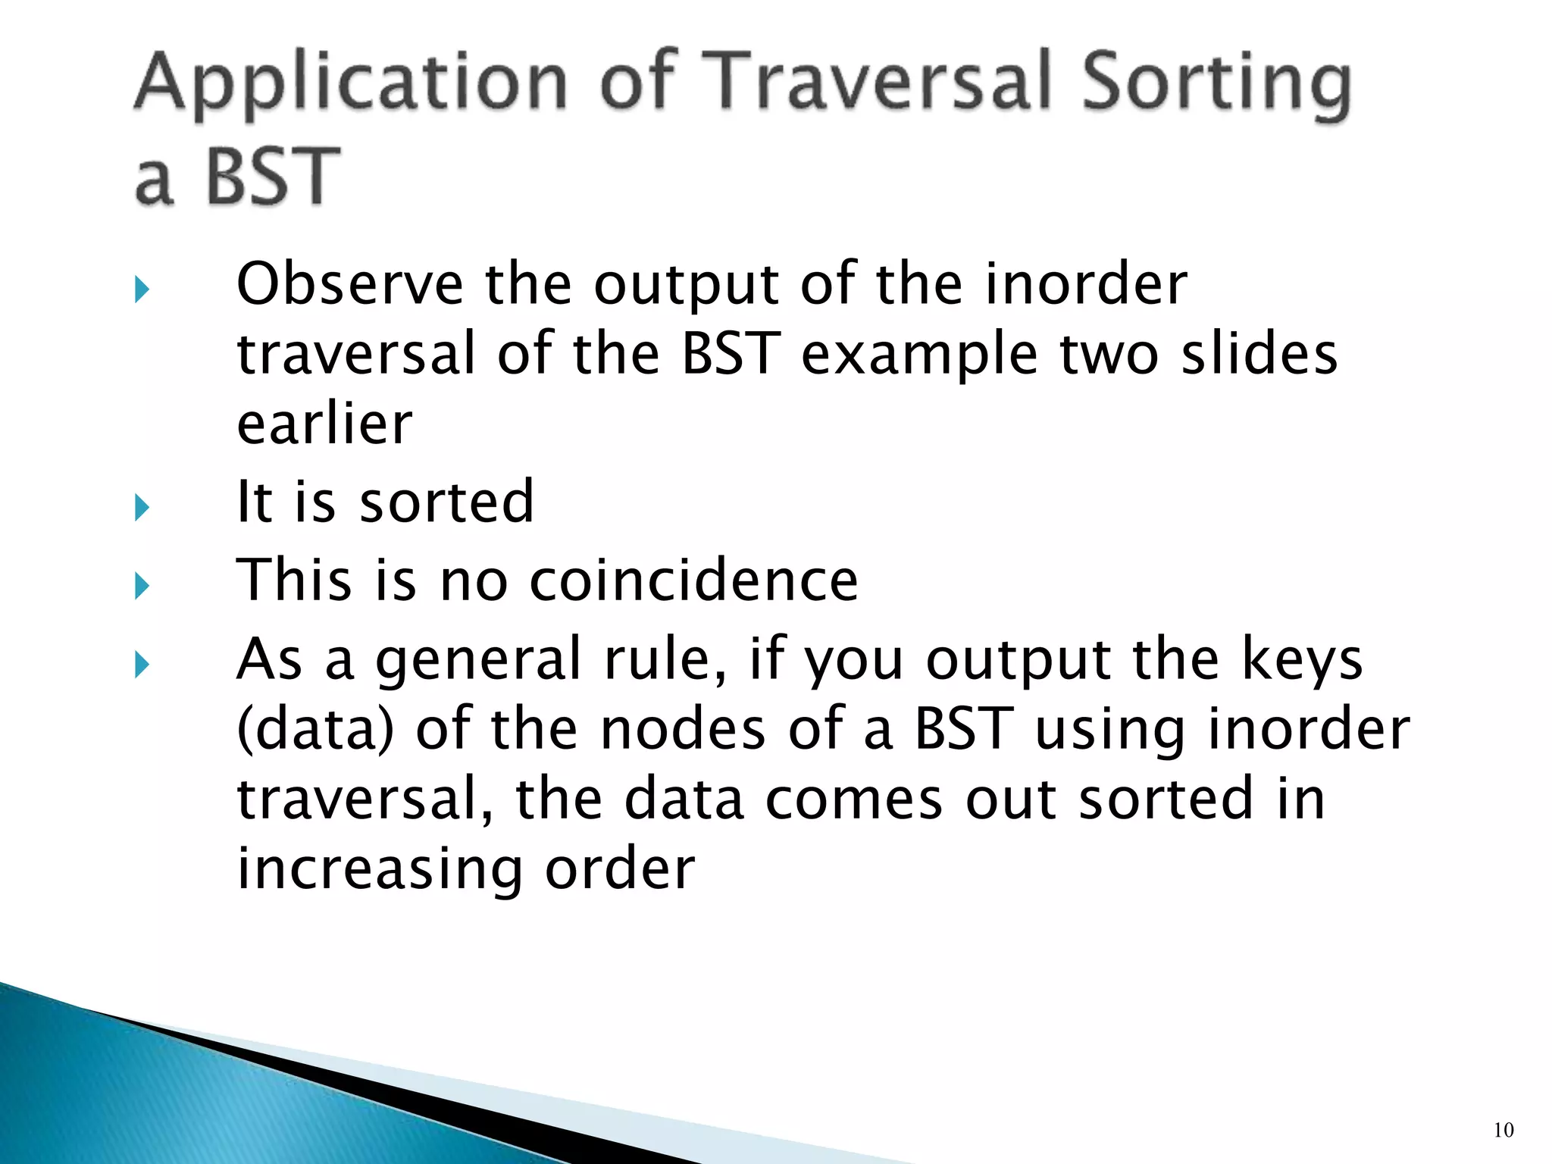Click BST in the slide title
[273, 177]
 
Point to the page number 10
[1503, 1131]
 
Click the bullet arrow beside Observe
[142, 289]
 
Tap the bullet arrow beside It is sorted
[142, 507]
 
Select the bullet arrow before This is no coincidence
[142, 586]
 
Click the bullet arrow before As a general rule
[142, 665]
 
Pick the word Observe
[349, 284]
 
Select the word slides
[1259, 354]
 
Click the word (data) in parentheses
[315, 729]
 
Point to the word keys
[1301, 659]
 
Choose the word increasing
[380, 868]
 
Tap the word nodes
[682, 729]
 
